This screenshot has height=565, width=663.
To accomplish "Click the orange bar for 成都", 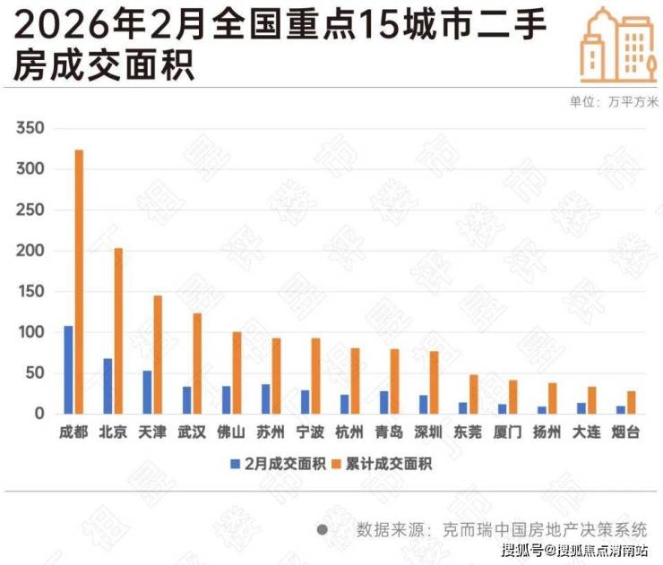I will pyautogui.click(x=79, y=281).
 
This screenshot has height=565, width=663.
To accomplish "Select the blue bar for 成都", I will pyautogui.click(x=68, y=369).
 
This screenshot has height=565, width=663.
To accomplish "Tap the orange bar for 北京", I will pyautogui.click(x=118, y=330).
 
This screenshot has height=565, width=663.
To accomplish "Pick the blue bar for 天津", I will pyautogui.click(x=147, y=392).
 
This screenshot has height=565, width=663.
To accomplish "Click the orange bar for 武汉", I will pyautogui.click(x=197, y=364).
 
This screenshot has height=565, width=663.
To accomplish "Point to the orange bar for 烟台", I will pyautogui.click(x=631, y=402).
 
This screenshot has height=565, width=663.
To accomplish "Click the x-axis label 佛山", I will pyautogui.click(x=231, y=432).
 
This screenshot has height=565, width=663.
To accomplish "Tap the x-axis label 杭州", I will pyautogui.click(x=349, y=432).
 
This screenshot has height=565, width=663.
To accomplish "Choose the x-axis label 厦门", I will pyautogui.click(x=507, y=432).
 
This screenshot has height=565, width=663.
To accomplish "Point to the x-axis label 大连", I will pyautogui.click(x=586, y=432).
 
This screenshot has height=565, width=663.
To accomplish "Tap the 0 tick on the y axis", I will pyautogui.click(x=39, y=414).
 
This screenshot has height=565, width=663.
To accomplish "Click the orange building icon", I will pyautogui.click(x=618, y=45).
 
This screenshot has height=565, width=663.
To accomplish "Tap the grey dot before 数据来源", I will pyautogui.click(x=322, y=529).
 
